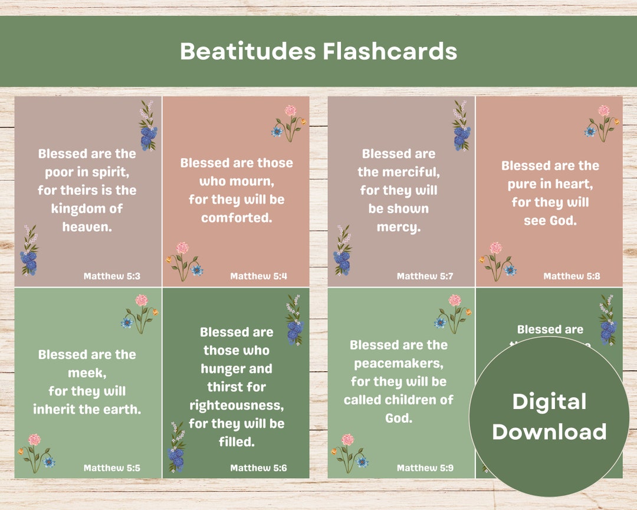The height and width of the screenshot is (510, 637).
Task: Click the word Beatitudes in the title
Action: click(248, 51)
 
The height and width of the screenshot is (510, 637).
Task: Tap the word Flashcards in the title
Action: click(390, 51)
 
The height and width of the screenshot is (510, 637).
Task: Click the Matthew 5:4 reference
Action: click(259, 276)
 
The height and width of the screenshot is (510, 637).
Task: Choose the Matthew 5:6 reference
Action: click(259, 468)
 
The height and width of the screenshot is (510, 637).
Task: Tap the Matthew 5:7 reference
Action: click(425, 276)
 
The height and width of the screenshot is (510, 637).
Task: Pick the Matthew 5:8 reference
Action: click(572, 276)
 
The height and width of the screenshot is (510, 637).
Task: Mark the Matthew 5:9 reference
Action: click(425, 468)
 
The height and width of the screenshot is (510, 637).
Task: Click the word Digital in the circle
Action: click(549, 402)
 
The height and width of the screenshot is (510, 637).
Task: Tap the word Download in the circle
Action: click(549, 431)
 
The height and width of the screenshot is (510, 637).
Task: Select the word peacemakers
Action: click(399, 364)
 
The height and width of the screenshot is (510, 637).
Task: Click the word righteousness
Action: click(237, 406)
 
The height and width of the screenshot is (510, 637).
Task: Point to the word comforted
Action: click(237, 218)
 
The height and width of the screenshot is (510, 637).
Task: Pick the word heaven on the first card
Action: click(87, 227)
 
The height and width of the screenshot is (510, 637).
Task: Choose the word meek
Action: click(87, 373)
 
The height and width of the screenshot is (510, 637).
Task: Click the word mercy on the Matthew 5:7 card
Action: click(399, 227)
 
